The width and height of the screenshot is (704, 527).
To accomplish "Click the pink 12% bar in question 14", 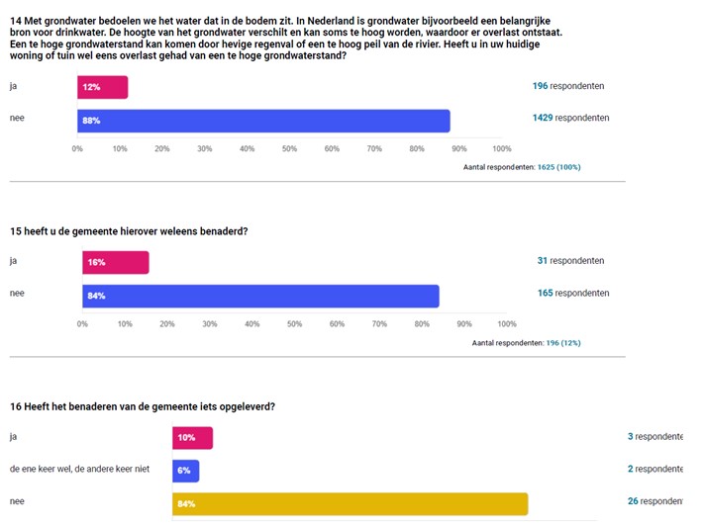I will (102, 87).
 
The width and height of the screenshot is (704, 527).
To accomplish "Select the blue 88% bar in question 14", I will (263, 121).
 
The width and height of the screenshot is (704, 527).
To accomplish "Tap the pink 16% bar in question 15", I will (115, 262).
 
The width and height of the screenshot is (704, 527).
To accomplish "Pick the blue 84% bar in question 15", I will (260, 296).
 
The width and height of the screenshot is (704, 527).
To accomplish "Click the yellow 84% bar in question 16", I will (350, 504).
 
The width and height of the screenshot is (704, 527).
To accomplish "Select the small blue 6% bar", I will (186, 471).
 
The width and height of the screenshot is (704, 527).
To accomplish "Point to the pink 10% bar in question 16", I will (192, 437).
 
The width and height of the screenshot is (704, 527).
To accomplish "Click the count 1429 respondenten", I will (570, 118).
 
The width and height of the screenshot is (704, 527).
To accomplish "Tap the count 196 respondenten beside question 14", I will (567, 86).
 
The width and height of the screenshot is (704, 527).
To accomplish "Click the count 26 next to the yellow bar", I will (633, 501).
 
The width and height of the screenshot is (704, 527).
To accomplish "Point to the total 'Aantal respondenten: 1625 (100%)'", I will (522, 167).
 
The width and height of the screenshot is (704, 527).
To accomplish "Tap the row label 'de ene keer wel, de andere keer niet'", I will (79, 469).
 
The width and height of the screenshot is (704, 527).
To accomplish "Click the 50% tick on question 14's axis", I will (289, 149).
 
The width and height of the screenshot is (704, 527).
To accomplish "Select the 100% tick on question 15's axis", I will (506, 323).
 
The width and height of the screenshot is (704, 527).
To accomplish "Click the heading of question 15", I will (128, 231).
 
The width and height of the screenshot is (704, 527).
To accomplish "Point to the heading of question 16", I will (142, 406).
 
